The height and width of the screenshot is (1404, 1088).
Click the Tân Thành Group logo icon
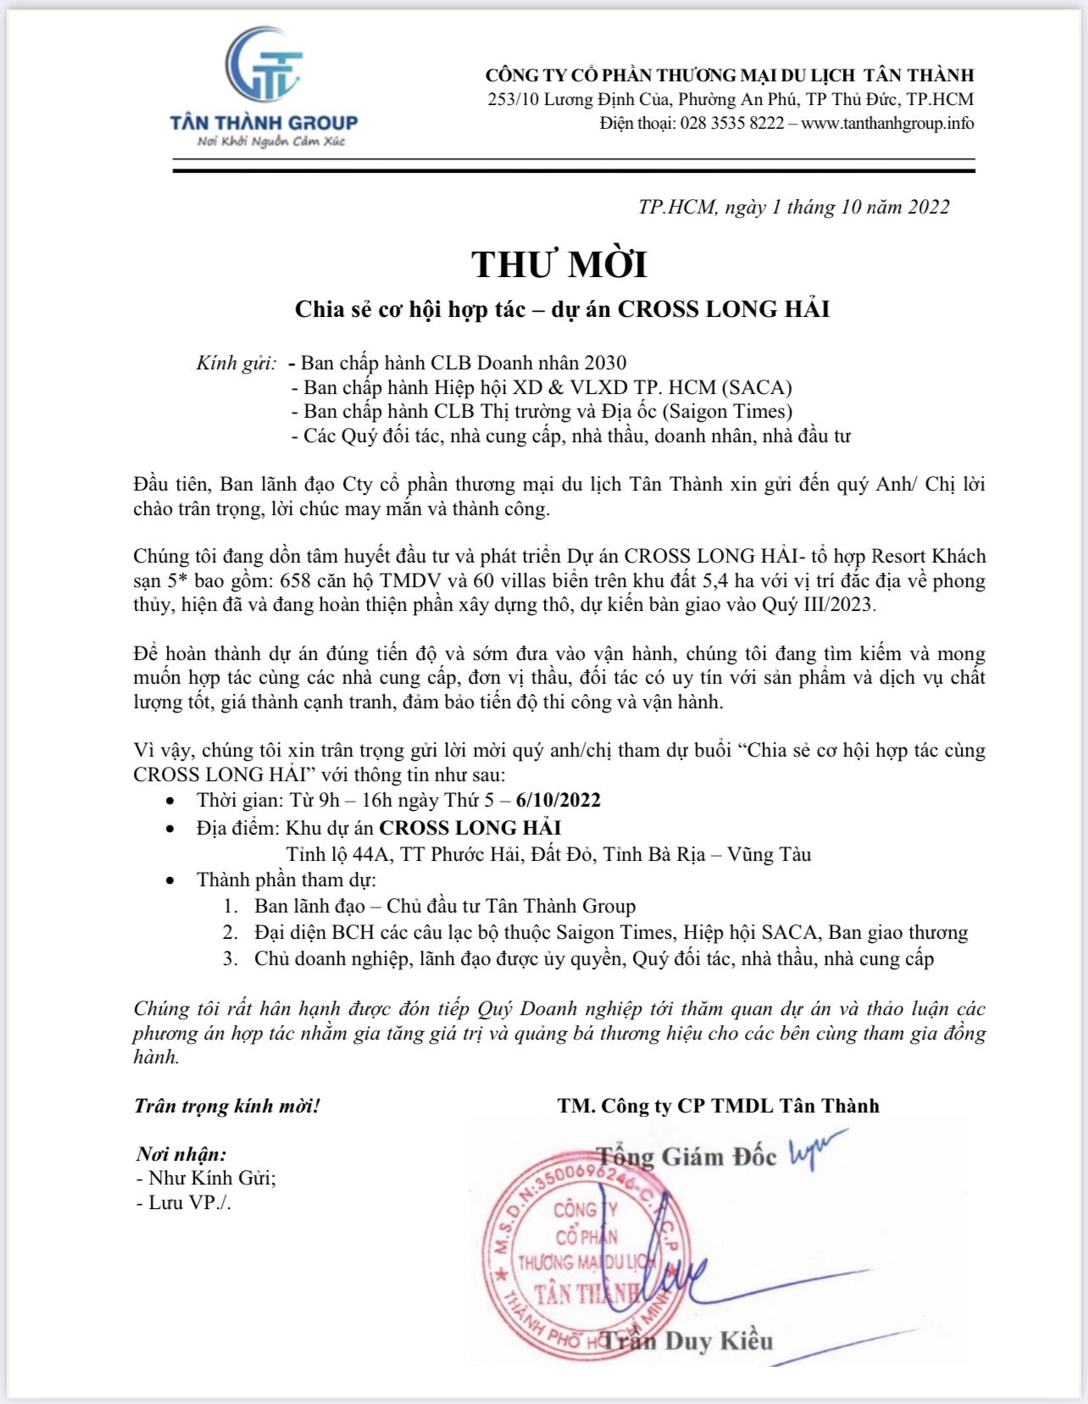tap(264, 65)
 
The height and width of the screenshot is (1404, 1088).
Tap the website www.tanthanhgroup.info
tap(887, 124)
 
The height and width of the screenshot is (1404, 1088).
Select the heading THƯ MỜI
tap(559, 264)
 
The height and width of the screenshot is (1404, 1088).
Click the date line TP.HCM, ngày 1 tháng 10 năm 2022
tap(793, 208)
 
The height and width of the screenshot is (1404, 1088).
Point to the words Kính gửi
tap(236, 363)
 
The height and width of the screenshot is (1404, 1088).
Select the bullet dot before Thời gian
tap(171, 802)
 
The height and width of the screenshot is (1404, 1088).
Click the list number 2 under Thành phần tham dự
tap(230, 933)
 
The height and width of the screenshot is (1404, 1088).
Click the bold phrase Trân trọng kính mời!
tap(227, 1106)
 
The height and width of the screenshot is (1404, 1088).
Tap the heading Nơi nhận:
tap(181, 1154)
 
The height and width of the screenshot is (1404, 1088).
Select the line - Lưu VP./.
tap(184, 1203)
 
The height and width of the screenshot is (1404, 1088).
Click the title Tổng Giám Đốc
tap(686, 1157)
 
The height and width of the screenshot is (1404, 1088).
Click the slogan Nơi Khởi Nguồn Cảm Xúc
tap(271, 142)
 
